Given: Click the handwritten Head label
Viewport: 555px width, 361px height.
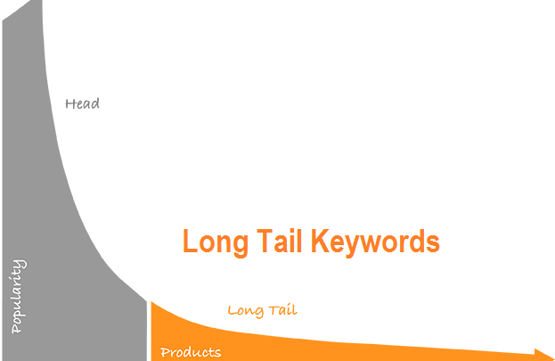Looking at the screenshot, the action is pyautogui.click(x=82, y=103).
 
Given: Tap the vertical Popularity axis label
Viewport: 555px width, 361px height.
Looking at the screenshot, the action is pyautogui.click(x=18, y=296).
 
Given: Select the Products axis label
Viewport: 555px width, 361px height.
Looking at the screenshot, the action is pyautogui.click(x=191, y=352).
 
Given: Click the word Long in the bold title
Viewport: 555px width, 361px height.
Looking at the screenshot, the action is pyautogui.click(x=216, y=242).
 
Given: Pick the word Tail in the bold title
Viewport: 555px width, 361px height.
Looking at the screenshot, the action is pyautogui.click(x=280, y=241).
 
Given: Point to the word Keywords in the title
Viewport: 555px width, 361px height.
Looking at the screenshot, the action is pyautogui.click(x=375, y=242).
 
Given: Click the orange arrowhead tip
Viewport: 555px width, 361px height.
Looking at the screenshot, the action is pyautogui.click(x=554, y=357).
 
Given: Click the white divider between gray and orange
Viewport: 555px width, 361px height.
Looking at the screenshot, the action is pyautogui.click(x=149, y=332).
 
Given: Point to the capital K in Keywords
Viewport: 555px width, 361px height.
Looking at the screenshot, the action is pyautogui.click(x=320, y=241).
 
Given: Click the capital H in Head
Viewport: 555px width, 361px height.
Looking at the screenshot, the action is pyautogui.click(x=69, y=103).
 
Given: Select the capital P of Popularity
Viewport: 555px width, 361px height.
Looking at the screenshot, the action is pyautogui.click(x=16, y=327).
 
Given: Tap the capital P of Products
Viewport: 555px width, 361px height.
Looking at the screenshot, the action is pyautogui.click(x=166, y=352).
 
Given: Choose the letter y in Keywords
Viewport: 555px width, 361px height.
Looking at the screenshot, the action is pyautogui.click(x=355, y=246).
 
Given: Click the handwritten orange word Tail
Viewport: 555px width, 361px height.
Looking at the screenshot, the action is pyautogui.click(x=282, y=310).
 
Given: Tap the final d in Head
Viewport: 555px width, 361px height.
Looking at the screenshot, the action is pyautogui.click(x=95, y=103).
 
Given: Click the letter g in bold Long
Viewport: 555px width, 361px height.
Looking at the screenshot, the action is pyautogui.click(x=241, y=246).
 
